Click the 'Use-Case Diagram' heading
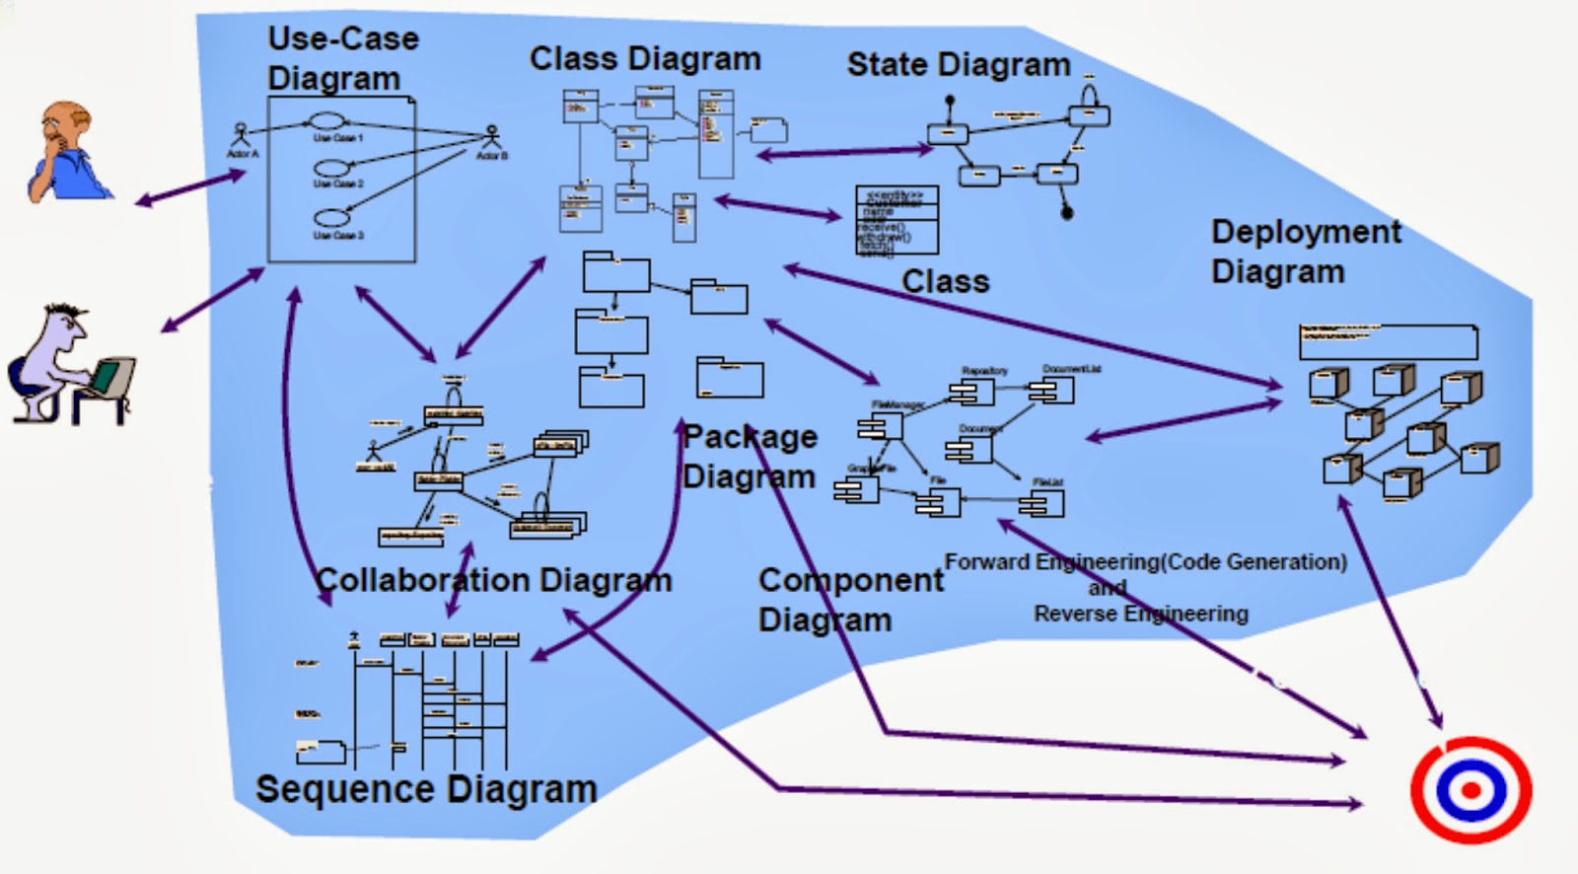pyautogui.click(x=342, y=58)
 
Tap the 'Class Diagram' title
pyautogui.click(x=645, y=59)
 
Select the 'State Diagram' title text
pyautogui.click(x=958, y=65)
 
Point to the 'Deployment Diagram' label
pyautogui.click(x=1304, y=252)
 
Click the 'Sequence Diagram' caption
pyautogui.click(x=426, y=790)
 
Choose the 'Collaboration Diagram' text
pyautogui.click(x=493, y=580)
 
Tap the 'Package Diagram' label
pyautogui.click(x=750, y=457)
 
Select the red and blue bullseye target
pyautogui.click(x=1470, y=790)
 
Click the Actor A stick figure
pyautogui.click(x=240, y=135)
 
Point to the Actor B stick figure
pyautogui.click(x=492, y=137)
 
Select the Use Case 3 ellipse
pyautogui.click(x=332, y=218)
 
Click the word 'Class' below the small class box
pyautogui.click(x=945, y=282)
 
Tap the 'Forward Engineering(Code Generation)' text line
pyautogui.click(x=1145, y=562)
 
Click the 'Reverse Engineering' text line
pyautogui.click(x=1140, y=614)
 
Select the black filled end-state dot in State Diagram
pyautogui.click(x=1066, y=211)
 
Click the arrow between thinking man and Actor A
pyautogui.click(x=190, y=188)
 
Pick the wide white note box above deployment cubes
pyautogui.click(x=1388, y=341)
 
